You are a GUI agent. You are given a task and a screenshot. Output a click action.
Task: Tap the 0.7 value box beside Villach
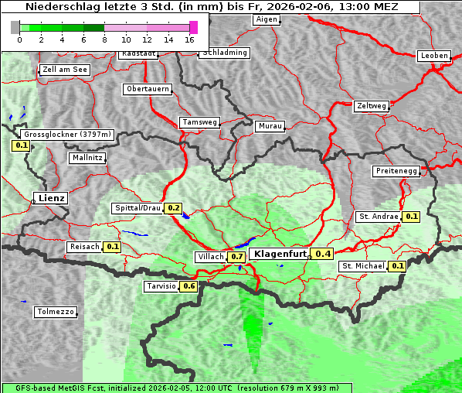[237, 256]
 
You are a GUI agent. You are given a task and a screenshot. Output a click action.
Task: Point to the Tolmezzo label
[56, 313]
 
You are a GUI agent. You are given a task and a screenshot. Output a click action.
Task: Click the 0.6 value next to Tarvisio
[189, 286]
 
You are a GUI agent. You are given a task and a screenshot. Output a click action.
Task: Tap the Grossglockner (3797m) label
[68, 135]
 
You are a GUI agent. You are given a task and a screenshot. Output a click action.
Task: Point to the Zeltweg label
[372, 105]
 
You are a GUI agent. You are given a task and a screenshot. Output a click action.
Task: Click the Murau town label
[270, 125]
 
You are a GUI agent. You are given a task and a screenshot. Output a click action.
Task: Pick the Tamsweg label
[200, 122]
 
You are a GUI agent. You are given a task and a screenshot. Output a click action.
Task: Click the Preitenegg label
[396, 171]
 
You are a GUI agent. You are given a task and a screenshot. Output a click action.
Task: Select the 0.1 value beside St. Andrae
[411, 217]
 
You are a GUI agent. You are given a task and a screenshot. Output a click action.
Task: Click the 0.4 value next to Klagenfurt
[323, 254]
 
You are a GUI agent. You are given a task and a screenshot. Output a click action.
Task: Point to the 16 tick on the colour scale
[189, 39]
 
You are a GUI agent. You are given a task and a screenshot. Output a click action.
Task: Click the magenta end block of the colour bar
[193, 27]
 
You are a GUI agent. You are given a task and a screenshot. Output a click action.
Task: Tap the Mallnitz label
[87, 158]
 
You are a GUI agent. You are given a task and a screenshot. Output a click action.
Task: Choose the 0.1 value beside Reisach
[113, 247]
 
